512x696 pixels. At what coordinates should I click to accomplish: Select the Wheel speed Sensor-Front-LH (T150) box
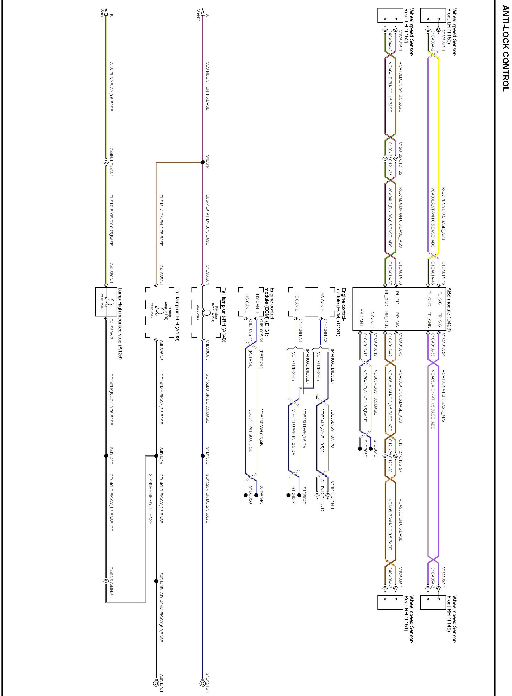[x=433, y=15]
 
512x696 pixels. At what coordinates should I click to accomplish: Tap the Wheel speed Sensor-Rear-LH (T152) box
[x=390, y=16]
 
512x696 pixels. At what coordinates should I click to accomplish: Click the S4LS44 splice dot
[x=203, y=162]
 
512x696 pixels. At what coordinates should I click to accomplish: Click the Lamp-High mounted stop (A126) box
[x=105, y=302]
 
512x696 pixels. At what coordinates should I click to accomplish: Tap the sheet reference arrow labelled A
[x=203, y=12]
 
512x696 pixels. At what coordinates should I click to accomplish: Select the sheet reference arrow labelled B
[x=106, y=12]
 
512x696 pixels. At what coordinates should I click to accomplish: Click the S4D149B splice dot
[x=156, y=581]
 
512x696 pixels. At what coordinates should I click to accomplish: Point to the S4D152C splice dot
[x=203, y=456]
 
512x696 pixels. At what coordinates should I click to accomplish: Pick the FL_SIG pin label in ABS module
[x=440, y=298]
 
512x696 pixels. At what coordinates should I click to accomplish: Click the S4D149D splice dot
[x=106, y=456]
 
